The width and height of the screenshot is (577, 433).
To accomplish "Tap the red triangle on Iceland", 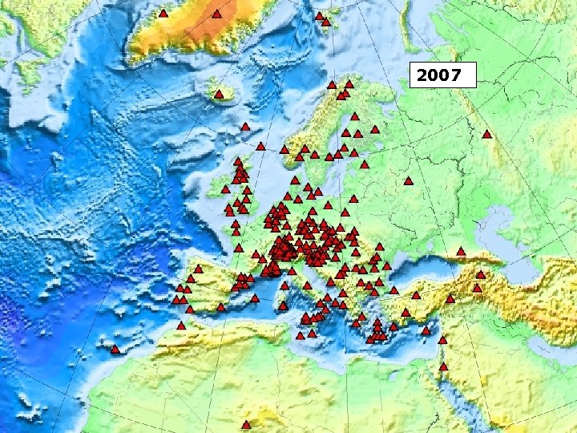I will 219,95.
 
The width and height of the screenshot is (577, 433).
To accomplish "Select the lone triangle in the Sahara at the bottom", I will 246,424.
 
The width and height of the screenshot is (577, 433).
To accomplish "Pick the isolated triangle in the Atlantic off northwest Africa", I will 115,350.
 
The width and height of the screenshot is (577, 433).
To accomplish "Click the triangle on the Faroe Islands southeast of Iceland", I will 245,127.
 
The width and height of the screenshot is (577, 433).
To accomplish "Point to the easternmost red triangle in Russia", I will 486,134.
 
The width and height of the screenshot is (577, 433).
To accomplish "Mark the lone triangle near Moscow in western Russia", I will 408,181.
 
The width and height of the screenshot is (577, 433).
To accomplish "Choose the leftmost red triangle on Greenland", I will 163,14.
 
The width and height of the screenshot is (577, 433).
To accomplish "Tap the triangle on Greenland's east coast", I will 216,14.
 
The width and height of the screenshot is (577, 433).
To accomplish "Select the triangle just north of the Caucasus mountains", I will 461,252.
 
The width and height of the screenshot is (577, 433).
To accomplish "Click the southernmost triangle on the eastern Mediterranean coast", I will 443,366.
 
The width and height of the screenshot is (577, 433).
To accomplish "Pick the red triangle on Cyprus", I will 426,330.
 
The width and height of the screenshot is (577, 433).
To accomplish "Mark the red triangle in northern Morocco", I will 181,326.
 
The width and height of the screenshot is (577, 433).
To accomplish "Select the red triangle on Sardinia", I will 283,305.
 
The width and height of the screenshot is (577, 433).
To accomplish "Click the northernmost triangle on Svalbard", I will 319,15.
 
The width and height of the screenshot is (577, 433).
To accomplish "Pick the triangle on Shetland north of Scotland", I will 261,146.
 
